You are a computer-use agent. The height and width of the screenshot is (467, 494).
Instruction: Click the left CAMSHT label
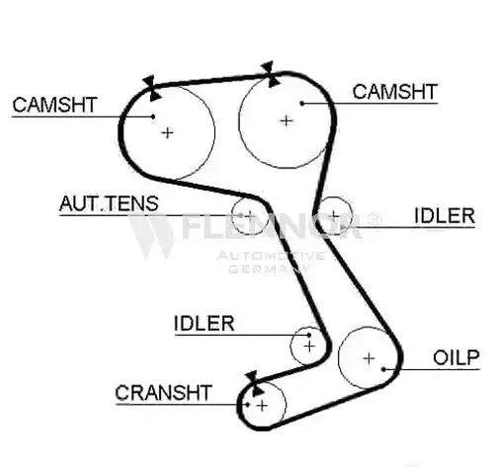[54, 105]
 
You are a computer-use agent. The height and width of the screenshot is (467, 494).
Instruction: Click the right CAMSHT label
[395, 92]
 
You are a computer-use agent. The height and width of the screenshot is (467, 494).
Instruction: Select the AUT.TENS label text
[109, 203]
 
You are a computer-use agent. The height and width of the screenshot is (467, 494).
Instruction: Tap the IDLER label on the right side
[445, 216]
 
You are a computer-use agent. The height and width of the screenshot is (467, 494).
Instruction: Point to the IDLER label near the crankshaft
[204, 323]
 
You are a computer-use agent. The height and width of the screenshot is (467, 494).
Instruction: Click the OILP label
[456, 357]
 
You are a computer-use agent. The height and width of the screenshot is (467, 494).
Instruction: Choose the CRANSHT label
[163, 393]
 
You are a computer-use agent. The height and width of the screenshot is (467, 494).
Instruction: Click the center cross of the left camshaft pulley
[168, 133]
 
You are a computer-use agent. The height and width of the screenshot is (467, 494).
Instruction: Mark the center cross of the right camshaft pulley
[287, 121]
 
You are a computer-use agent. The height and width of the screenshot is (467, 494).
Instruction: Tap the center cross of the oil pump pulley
[370, 358]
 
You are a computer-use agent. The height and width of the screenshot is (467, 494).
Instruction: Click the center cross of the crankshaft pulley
[262, 406]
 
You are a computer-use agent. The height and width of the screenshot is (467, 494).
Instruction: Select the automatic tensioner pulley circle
[232, 215]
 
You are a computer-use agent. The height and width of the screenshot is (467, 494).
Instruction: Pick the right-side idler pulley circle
[352, 215]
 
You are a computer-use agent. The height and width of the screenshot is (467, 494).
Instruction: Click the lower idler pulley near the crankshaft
[290, 347]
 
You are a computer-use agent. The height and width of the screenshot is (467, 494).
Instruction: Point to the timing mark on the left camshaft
[152, 88]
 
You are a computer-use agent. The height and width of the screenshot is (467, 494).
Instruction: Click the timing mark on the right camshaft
[271, 74]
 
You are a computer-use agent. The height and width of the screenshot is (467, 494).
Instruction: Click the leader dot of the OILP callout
[383, 369]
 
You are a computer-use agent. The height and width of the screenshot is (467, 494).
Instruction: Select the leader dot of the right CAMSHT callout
[302, 104]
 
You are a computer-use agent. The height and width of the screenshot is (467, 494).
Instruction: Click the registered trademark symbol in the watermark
[374, 218]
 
